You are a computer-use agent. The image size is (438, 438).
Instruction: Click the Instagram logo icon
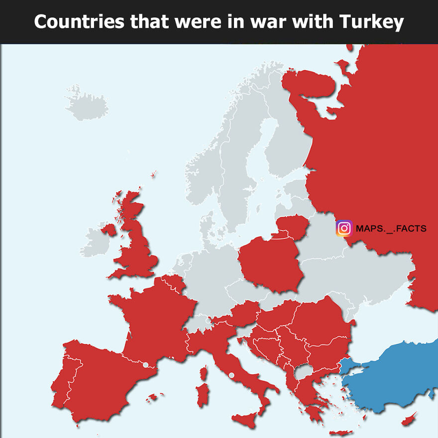pyautogui.click(x=344, y=228)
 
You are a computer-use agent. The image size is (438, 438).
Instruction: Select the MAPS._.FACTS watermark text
pyautogui.click(x=391, y=228)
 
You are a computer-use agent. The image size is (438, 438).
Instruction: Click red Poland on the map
pyautogui.click(x=269, y=264)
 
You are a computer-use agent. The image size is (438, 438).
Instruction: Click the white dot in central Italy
pyautogui.click(x=231, y=375)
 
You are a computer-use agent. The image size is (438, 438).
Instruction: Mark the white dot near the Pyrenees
pyautogui.click(x=145, y=365)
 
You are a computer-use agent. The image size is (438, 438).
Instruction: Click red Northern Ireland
pyautogui.click(x=109, y=229)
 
